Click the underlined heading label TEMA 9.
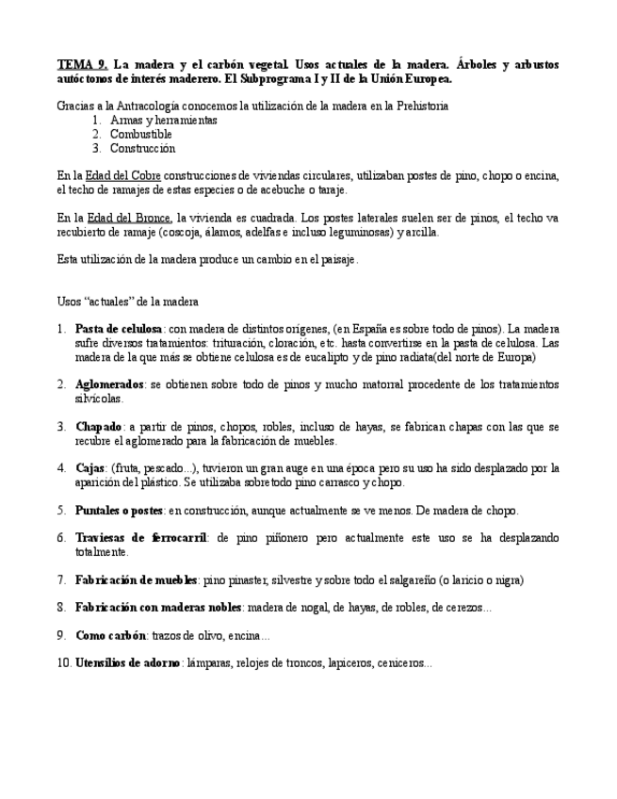82,65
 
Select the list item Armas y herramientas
163,121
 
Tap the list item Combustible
140,135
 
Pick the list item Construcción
142,149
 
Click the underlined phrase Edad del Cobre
123,176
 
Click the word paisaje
336,259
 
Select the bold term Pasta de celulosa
119,329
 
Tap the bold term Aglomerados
109,384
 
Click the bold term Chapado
99,426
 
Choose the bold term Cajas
89,467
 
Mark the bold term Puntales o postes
120,510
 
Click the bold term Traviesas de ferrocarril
142,537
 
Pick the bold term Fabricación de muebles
136,579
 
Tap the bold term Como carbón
110,635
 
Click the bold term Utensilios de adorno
127,663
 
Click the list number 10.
64,663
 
